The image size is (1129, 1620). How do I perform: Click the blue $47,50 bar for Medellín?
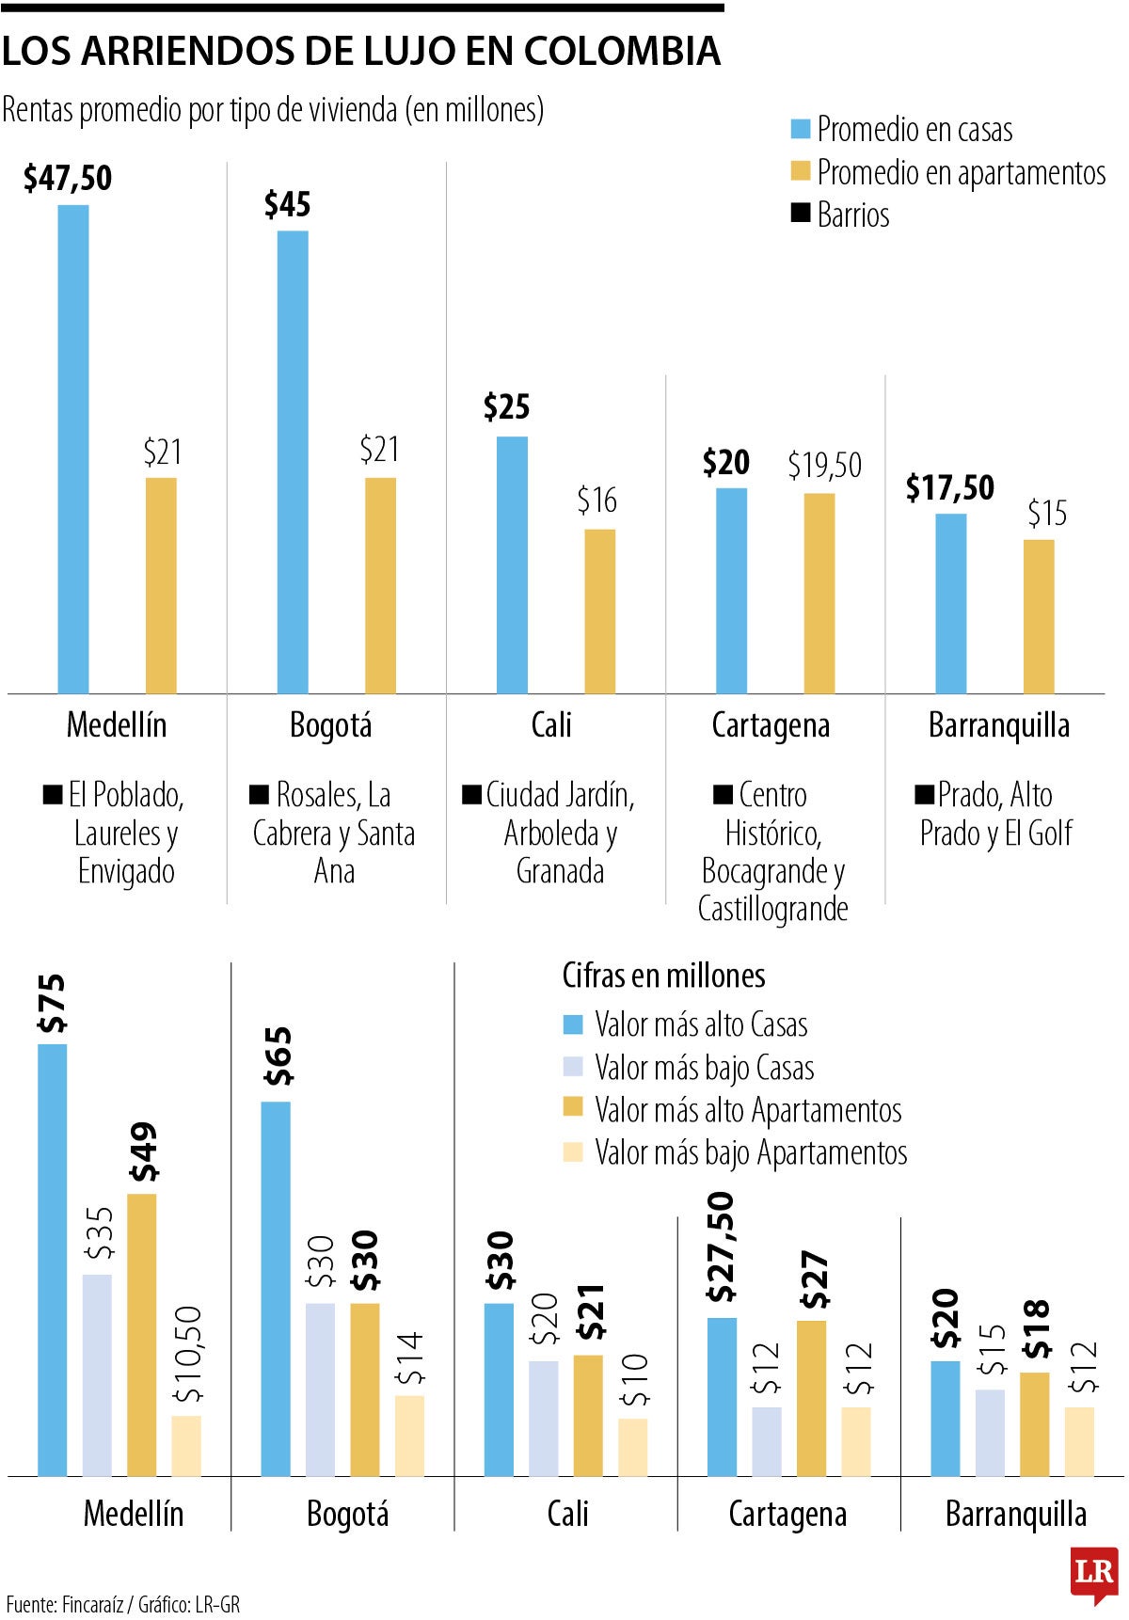tap(73, 449)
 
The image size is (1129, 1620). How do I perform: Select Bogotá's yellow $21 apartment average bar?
tap(380, 585)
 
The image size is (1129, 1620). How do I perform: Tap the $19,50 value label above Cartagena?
tap(824, 465)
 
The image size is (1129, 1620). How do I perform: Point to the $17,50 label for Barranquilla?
tap(949, 487)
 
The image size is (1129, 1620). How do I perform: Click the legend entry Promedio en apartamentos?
tap(960, 172)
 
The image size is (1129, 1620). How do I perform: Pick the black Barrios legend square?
tap(801, 214)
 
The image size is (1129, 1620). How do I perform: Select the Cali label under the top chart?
tap(551, 725)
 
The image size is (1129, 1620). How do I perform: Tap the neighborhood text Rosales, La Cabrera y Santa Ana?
tap(333, 834)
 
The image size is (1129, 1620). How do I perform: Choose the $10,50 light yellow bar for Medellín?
tap(186, 1445)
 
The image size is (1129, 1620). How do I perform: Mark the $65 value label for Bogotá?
tap(278, 1056)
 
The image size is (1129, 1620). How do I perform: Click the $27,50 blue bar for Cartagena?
tap(722, 1396)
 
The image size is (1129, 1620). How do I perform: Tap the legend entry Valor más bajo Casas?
tap(703, 1068)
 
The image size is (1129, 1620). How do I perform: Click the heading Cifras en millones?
tap(663, 976)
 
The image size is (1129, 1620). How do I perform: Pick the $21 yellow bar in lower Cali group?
tap(588, 1415)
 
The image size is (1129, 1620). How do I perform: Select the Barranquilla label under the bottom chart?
tap(1015, 1514)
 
